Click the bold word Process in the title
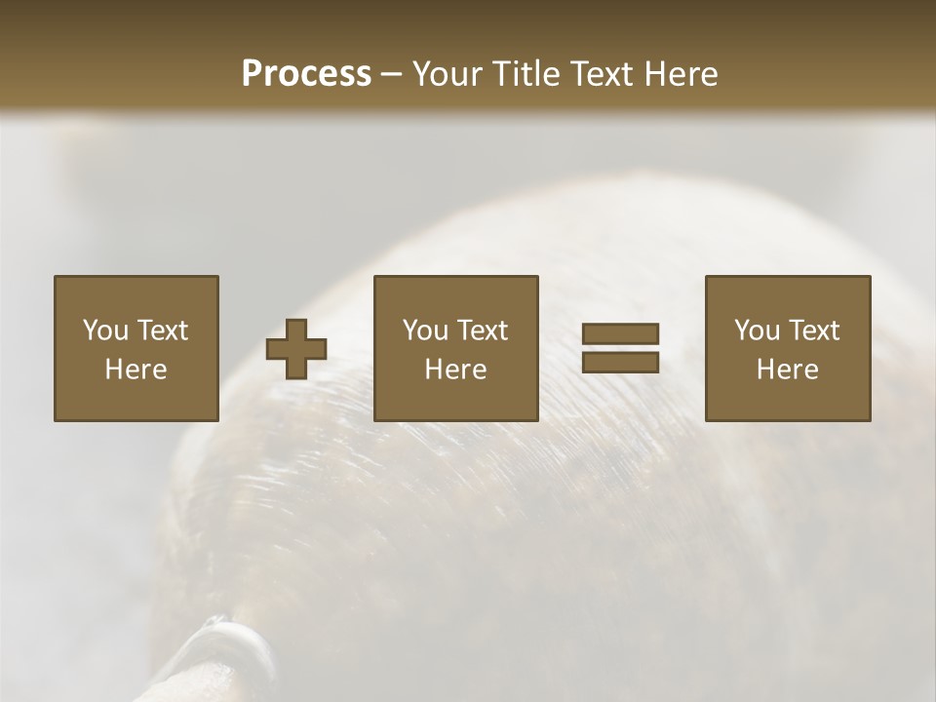coord(306,74)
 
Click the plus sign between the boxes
coord(296,349)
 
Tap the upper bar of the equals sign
coord(620,333)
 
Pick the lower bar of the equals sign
coord(620,362)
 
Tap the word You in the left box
coord(105,331)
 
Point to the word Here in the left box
coord(136,370)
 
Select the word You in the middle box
coord(425,331)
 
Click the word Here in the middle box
coord(455,370)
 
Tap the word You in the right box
coord(757,331)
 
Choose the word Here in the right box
coord(787,370)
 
